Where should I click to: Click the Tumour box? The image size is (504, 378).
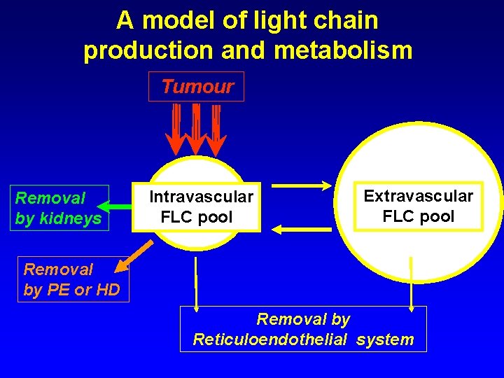tap(197, 87)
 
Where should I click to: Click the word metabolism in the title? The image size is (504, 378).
tap(339, 50)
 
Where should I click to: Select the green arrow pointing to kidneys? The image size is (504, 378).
tap(115, 206)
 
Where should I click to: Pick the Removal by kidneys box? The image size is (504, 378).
tap(62, 209)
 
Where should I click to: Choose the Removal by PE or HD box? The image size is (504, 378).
tap(72, 279)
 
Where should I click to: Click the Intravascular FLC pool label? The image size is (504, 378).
tap(201, 206)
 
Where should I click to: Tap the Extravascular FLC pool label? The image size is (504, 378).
tap(419, 206)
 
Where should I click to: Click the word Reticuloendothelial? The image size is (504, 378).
tap(270, 340)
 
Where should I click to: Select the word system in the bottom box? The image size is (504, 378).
tap(385, 340)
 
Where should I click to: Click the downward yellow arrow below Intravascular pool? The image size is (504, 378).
tap(196, 283)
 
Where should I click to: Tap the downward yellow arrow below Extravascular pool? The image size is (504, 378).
tap(412, 283)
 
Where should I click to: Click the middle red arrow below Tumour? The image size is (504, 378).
tap(197, 129)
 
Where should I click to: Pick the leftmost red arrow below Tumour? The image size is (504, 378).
tap(176, 129)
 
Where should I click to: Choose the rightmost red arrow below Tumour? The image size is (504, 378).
tap(217, 129)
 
